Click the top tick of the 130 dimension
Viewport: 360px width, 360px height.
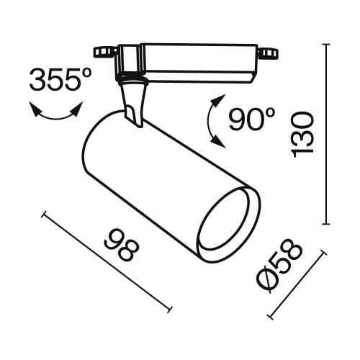(329, 44)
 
